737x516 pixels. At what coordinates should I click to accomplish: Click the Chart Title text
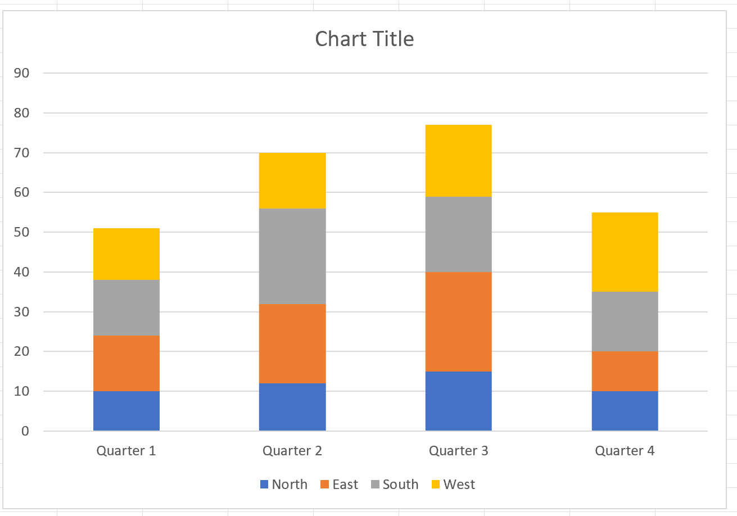pyautogui.click(x=364, y=39)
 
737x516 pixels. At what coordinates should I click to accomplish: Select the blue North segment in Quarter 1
pyautogui.click(x=126, y=411)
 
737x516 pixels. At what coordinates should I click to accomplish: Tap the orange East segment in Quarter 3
pyautogui.click(x=458, y=322)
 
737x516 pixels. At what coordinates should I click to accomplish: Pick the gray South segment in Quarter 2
pyautogui.click(x=292, y=256)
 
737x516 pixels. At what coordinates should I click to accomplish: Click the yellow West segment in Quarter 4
pyautogui.click(x=625, y=252)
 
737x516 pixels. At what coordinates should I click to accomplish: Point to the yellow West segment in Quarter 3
pyautogui.click(x=458, y=160)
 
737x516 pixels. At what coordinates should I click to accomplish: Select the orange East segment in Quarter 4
pyautogui.click(x=625, y=371)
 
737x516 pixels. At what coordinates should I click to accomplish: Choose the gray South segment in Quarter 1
pyautogui.click(x=126, y=307)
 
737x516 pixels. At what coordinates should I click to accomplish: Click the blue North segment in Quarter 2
pyautogui.click(x=292, y=407)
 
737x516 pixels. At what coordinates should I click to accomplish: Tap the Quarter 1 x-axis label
pyautogui.click(x=126, y=451)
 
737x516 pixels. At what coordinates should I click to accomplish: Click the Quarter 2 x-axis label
pyautogui.click(x=292, y=451)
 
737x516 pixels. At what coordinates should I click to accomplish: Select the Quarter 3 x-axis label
pyautogui.click(x=458, y=451)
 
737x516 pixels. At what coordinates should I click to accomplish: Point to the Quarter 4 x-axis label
pyautogui.click(x=625, y=451)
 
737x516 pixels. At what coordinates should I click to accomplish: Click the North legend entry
pyautogui.click(x=284, y=485)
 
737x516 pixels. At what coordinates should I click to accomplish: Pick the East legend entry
pyautogui.click(x=339, y=485)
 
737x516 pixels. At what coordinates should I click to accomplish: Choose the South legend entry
pyautogui.click(x=395, y=485)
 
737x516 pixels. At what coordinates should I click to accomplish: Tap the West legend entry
pyautogui.click(x=453, y=485)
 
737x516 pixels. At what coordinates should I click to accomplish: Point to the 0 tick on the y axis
pyautogui.click(x=25, y=431)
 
